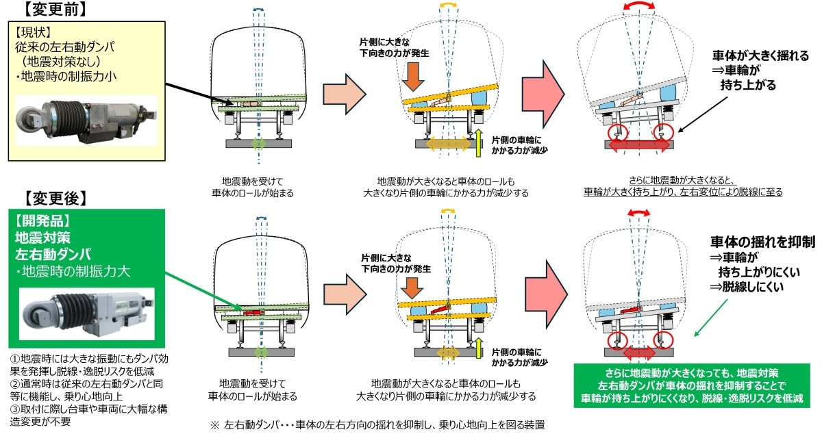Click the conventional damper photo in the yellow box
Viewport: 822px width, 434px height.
[86, 124]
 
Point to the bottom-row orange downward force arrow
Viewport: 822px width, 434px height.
[413, 282]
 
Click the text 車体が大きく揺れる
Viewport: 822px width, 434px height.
[760, 56]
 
